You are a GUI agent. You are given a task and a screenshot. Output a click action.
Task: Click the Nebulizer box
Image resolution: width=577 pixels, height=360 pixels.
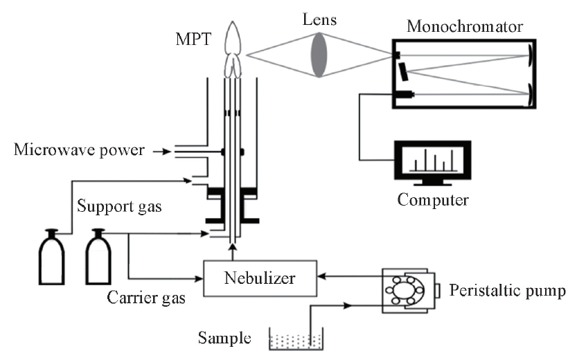click(260, 278)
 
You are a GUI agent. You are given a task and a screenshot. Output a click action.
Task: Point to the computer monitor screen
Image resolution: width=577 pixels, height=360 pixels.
click(432, 162)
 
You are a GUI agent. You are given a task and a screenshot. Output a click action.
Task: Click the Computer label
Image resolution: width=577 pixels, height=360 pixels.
click(433, 201)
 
